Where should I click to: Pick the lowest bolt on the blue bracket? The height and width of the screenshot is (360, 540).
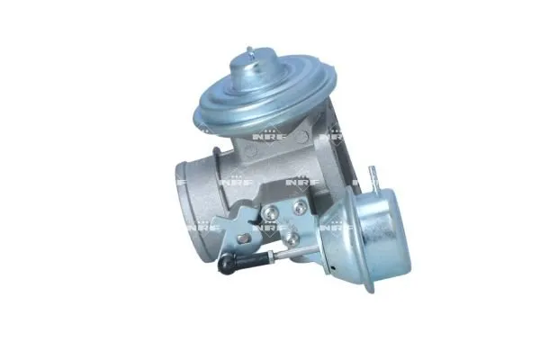[293, 239]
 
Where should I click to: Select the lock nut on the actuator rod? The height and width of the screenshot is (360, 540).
[270, 258]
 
